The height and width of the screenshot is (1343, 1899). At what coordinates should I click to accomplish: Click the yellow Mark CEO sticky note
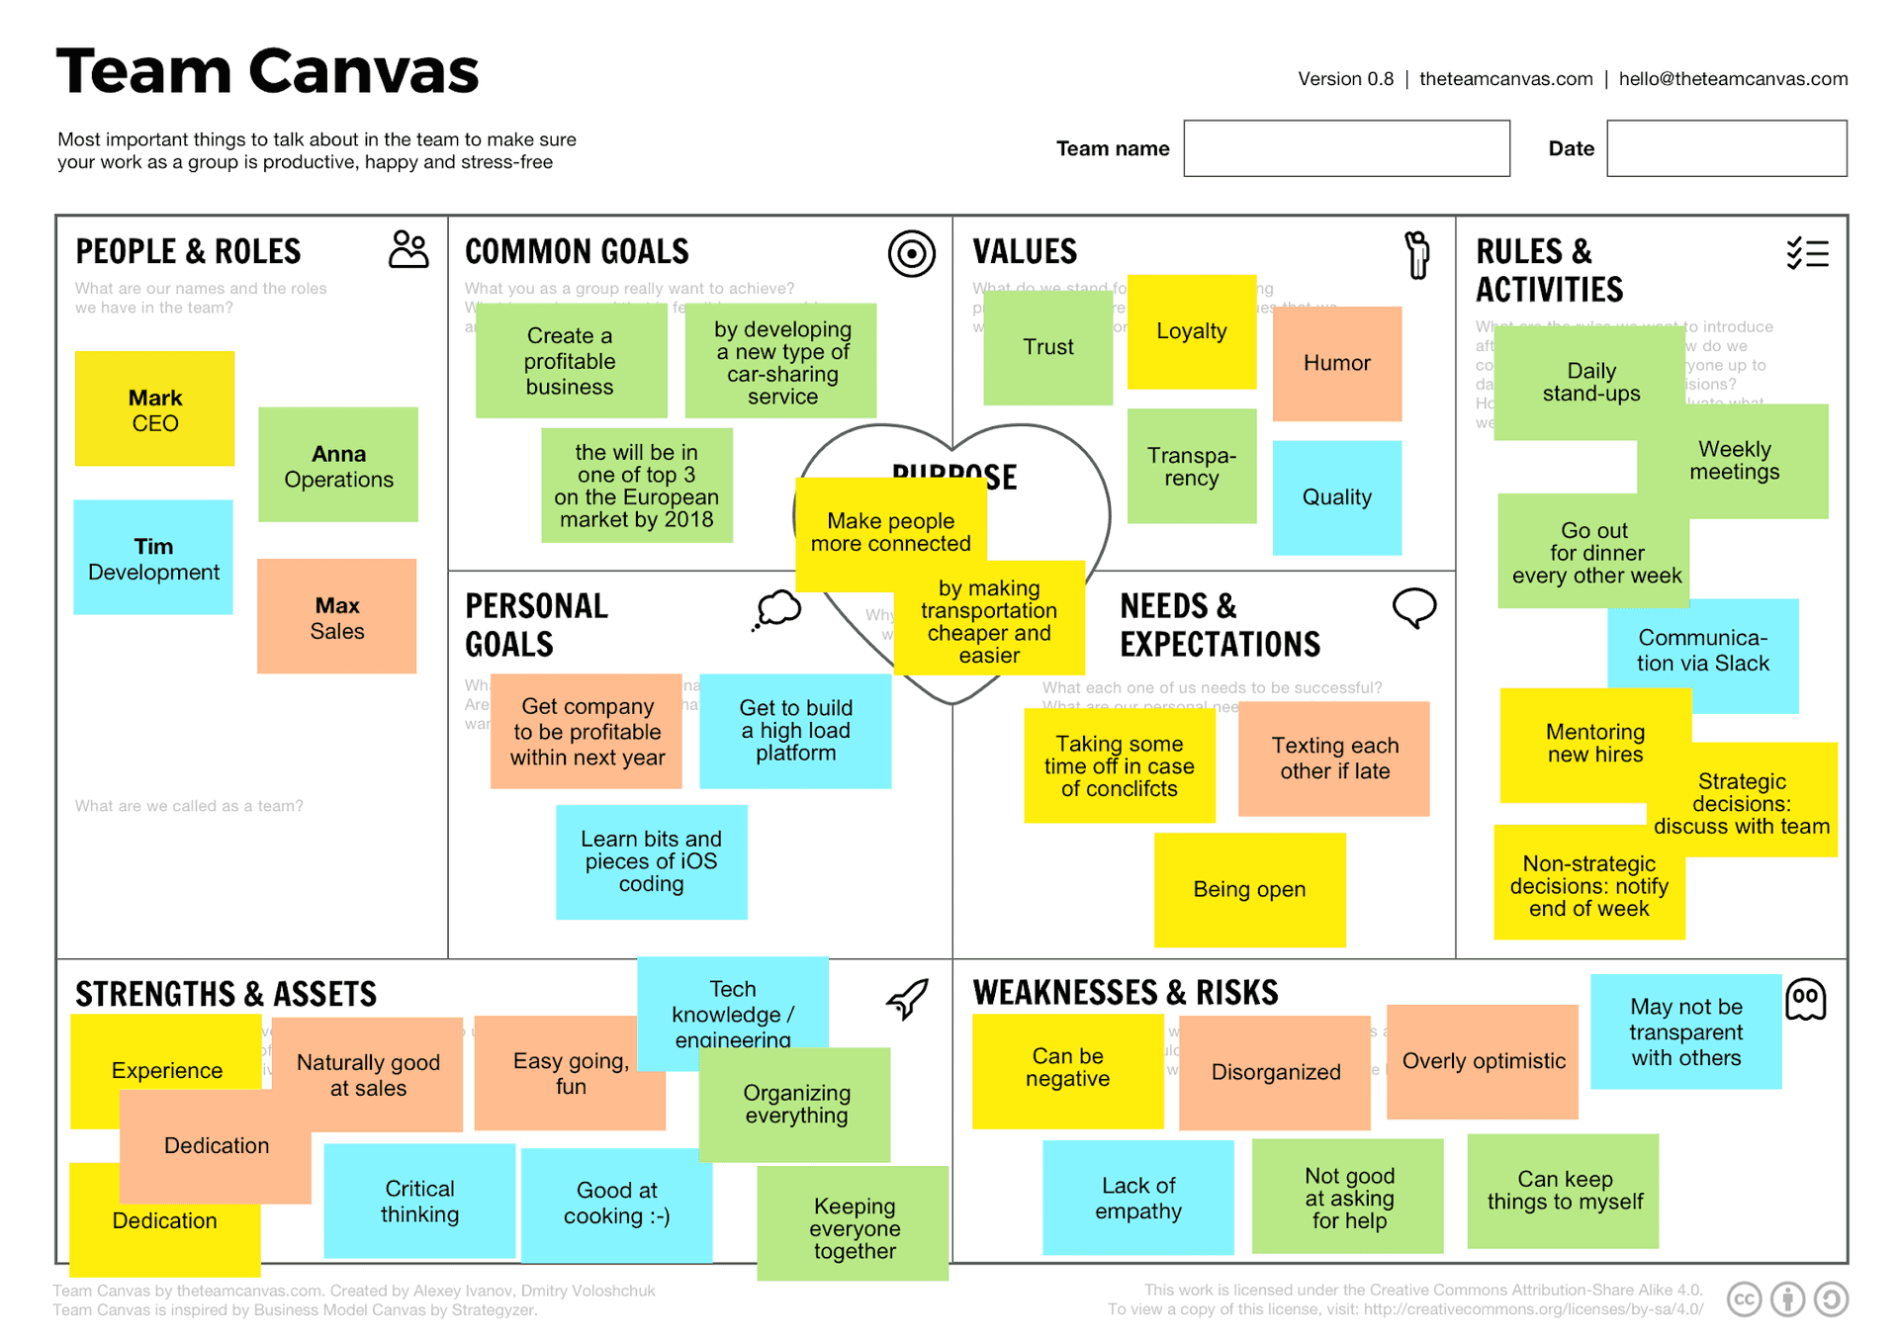154,408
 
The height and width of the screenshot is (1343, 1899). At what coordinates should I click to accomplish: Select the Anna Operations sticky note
338,465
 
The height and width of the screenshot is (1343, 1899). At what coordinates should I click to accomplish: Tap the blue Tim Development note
153,558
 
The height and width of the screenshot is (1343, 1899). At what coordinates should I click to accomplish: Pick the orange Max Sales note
337,616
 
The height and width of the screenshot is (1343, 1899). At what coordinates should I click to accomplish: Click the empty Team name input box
1346,148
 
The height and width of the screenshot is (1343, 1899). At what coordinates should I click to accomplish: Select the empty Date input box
1726,148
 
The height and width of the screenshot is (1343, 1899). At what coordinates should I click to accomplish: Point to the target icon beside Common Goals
911,254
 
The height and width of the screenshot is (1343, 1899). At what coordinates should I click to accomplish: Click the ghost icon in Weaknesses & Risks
1805,999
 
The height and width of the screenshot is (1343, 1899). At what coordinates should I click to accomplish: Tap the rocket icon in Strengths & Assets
907,999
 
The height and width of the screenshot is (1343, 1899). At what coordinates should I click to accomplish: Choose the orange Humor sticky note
1336,363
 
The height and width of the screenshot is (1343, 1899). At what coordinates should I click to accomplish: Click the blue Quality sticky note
1336,497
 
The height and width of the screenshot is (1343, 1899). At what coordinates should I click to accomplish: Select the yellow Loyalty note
1191,331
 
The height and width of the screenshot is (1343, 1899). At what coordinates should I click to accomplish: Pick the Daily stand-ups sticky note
1589,383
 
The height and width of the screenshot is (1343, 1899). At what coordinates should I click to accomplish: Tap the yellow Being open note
1249,889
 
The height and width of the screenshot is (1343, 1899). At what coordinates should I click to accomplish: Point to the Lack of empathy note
1137,1198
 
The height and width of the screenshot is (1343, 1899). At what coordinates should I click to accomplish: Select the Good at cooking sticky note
616,1204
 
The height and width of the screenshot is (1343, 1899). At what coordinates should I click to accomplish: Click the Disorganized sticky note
1275,1072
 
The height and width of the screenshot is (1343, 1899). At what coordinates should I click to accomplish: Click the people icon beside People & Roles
408,250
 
